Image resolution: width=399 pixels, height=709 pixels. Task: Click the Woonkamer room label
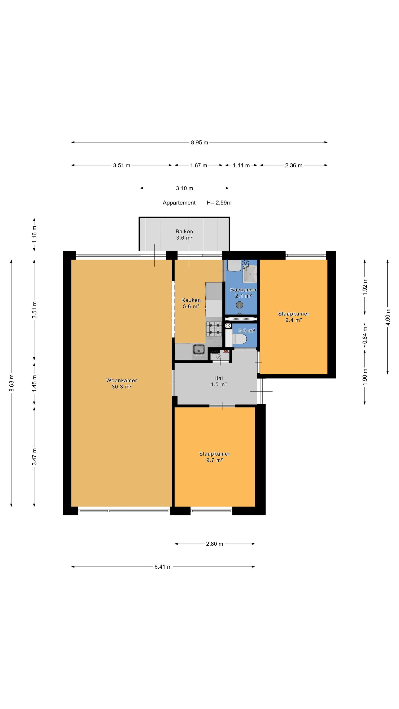click(121, 380)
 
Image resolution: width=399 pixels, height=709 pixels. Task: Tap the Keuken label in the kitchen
click(191, 300)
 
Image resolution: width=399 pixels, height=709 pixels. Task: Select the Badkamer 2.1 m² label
click(243, 293)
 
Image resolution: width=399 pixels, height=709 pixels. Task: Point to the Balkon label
click(184, 231)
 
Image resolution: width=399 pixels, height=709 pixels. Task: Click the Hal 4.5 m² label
click(219, 381)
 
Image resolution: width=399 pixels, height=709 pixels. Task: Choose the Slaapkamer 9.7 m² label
click(214, 457)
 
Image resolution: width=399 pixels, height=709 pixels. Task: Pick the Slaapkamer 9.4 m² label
click(294, 317)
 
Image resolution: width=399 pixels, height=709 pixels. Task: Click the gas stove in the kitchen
click(214, 329)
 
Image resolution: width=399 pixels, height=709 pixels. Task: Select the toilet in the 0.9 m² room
click(239, 339)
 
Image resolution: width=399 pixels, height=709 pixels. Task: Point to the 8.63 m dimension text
click(11, 383)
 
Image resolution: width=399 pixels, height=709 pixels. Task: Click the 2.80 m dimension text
click(214, 544)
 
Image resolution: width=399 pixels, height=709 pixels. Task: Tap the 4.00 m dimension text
click(388, 317)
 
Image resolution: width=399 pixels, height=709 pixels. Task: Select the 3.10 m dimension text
click(185, 188)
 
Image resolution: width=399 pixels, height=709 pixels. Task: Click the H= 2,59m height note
click(219, 203)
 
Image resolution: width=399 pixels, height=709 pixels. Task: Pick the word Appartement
click(179, 203)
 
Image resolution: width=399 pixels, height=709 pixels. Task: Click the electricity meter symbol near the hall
click(219, 357)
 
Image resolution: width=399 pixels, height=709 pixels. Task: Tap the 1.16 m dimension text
click(34, 234)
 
